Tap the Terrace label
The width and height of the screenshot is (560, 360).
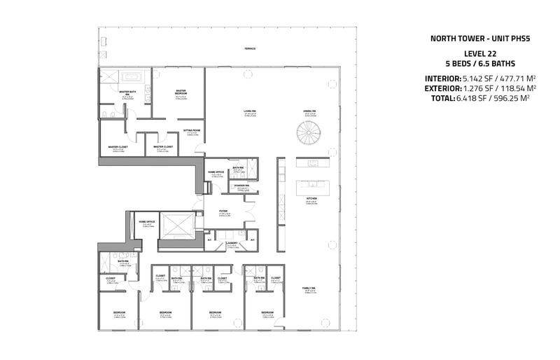[x=250, y=48]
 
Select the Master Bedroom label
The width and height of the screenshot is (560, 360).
[x=181, y=91]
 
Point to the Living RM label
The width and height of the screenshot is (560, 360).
[x=250, y=111]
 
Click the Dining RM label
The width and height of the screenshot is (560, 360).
[x=309, y=111]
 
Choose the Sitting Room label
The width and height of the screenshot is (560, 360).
[x=192, y=130]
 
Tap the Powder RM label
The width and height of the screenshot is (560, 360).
[x=243, y=186]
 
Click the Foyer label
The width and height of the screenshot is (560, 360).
[x=223, y=210]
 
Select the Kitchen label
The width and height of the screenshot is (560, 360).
[x=311, y=199]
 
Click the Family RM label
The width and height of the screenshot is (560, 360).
[x=309, y=288]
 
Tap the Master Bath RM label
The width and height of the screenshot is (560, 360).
[x=127, y=92]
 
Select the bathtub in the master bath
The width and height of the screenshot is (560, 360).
[x=132, y=76]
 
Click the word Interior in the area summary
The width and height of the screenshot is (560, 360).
[x=442, y=78]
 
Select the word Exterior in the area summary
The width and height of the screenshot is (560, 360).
[x=442, y=88]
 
